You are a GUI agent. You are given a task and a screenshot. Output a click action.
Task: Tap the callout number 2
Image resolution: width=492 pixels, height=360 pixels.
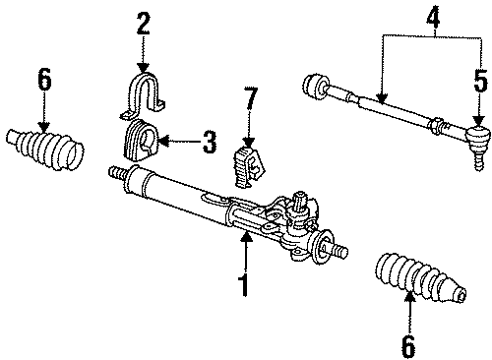pyautogui.click(x=144, y=22)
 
